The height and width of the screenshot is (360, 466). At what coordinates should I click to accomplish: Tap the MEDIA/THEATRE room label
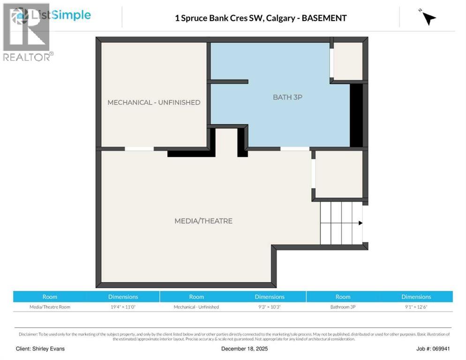[x=203, y=221]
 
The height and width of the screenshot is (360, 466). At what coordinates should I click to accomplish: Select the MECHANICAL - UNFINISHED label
[x=154, y=102]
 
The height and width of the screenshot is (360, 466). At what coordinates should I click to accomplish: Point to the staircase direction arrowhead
[x=360, y=223]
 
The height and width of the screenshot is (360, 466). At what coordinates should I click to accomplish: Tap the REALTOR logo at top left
[x=27, y=33]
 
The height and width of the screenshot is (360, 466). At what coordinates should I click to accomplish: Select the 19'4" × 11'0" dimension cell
[x=123, y=307]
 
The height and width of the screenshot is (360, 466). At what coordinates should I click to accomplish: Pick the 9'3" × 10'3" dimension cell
[x=270, y=307]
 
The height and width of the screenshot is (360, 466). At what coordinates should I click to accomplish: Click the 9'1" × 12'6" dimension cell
[x=416, y=307]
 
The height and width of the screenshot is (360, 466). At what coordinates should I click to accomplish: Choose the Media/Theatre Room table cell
[x=50, y=307]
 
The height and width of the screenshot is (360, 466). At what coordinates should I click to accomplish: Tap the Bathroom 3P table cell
[x=343, y=307]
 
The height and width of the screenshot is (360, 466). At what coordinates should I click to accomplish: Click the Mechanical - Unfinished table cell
[x=196, y=307]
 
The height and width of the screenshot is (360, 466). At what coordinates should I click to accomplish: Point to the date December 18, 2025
[x=244, y=349]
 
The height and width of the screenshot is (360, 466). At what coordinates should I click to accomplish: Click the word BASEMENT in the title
[x=324, y=18]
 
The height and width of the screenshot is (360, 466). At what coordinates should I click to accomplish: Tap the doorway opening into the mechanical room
[x=139, y=149]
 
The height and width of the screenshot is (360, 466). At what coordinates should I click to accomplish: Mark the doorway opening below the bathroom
[x=294, y=149]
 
